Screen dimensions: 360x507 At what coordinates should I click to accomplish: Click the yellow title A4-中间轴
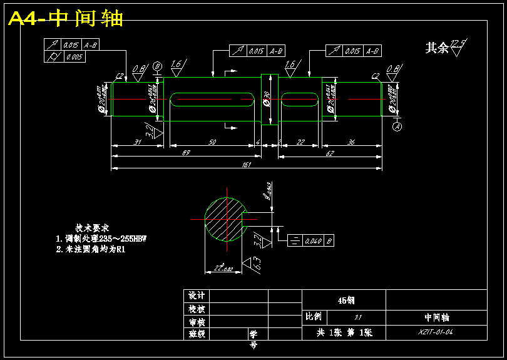(66, 19)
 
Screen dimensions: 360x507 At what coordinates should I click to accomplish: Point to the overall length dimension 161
(246, 165)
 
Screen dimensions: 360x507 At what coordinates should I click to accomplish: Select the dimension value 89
(186, 152)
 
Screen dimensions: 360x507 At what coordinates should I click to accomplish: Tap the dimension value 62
(329, 152)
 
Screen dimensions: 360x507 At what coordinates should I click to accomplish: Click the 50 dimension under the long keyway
(212, 142)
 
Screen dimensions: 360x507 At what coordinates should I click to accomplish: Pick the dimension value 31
(138, 142)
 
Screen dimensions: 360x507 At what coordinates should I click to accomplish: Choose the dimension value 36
(351, 142)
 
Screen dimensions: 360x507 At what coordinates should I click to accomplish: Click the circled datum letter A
(397, 126)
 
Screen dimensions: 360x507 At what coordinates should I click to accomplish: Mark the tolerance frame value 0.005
(74, 57)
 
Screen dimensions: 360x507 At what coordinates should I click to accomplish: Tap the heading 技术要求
(93, 228)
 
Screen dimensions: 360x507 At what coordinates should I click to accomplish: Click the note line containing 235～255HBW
(105, 239)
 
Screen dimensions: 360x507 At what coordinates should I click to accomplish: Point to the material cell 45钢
(344, 300)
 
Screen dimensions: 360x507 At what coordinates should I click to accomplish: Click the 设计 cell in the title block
(197, 296)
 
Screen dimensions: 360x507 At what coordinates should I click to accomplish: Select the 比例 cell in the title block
(313, 317)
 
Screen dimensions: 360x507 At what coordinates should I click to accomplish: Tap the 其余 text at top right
(437, 48)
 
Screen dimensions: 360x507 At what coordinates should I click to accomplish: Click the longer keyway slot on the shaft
(212, 99)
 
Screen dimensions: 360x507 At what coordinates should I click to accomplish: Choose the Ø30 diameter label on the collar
(267, 100)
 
